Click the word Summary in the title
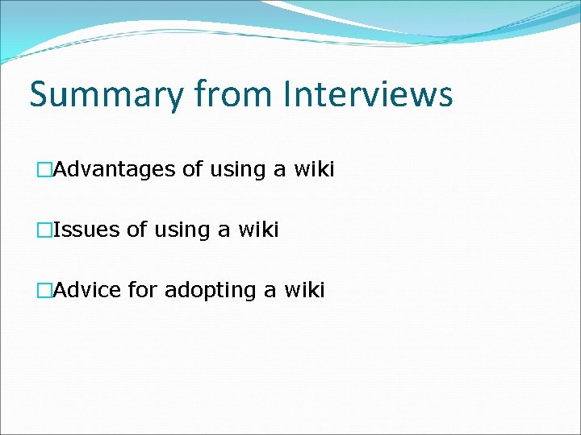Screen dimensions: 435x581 point(107,94)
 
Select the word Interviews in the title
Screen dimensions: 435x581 point(368,94)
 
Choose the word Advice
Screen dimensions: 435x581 point(87,290)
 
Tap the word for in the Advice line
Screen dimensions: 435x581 point(143,290)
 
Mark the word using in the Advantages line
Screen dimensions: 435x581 point(236,171)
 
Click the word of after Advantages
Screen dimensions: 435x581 point(192,170)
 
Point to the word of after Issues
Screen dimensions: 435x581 point(136,230)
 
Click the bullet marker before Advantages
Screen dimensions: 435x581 point(44,170)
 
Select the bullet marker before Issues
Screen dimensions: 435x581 point(44,230)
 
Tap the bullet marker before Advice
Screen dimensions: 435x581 point(44,290)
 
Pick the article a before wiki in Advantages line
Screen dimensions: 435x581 point(277,171)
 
